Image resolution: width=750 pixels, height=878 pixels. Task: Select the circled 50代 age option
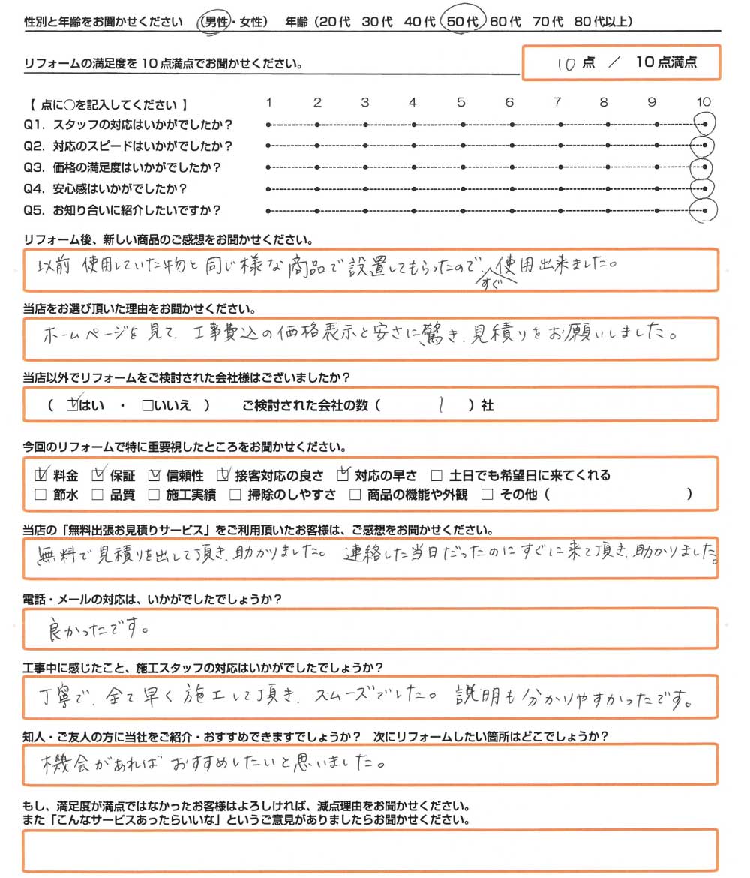[463, 22]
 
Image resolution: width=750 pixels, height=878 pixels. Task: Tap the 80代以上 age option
[601, 22]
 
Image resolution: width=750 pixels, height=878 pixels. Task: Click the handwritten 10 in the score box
[567, 64]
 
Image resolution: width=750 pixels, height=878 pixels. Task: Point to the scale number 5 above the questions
[461, 102]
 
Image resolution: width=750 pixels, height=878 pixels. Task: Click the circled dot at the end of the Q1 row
[705, 124]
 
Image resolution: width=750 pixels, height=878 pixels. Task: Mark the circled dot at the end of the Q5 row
[705, 211]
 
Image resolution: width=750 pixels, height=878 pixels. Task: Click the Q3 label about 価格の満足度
[127, 167]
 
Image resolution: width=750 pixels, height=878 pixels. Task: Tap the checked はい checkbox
[73, 406]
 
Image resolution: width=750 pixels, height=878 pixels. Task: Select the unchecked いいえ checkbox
[147, 406]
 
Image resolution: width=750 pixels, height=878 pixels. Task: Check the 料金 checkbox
[42, 475]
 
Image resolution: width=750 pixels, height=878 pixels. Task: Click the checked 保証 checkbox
[97, 475]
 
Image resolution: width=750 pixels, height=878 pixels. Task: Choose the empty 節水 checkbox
[41, 495]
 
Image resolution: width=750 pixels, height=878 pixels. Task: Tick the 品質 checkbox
[97, 495]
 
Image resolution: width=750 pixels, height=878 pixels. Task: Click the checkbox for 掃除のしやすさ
[235, 495]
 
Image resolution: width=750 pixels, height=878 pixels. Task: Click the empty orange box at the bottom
[370, 849]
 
